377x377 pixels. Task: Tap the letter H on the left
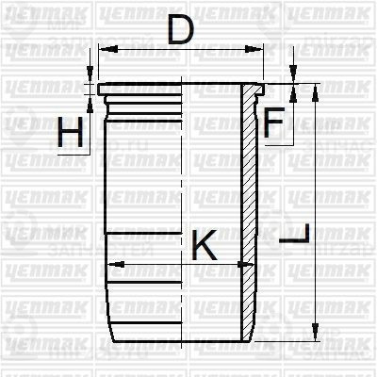click(x=69, y=133)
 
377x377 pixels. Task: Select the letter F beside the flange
click(x=273, y=123)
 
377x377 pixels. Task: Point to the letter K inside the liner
click(x=205, y=246)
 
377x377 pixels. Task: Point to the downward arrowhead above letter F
click(x=293, y=78)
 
